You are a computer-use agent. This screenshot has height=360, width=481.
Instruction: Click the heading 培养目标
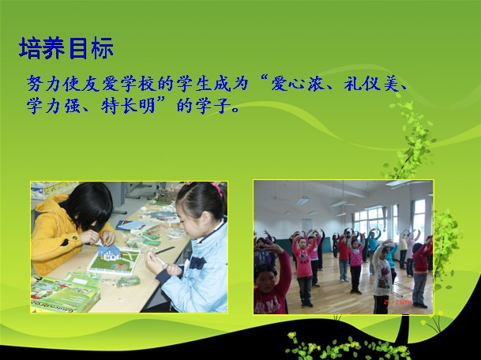pyautogui.click(x=66, y=48)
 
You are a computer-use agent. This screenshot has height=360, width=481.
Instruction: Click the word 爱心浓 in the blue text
pyautogui.click(x=297, y=83)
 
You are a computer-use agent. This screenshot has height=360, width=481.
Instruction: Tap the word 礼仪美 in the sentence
pyautogui.click(x=371, y=83)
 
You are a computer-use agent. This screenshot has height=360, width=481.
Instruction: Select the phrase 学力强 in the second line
pyautogui.click(x=54, y=106)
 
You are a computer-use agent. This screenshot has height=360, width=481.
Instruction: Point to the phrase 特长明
pyautogui.click(x=128, y=106)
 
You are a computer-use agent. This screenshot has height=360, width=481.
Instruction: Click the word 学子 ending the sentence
pyautogui.click(x=213, y=106)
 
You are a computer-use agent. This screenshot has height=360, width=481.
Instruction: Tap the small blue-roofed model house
pyautogui.click(x=109, y=253)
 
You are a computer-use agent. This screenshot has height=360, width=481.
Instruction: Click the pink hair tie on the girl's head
pyautogui.click(x=217, y=188)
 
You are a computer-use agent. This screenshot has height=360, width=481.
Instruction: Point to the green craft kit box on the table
pyautogui.click(x=65, y=294)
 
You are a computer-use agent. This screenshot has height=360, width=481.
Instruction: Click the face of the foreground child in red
pyautogui.click(x=265, y=281)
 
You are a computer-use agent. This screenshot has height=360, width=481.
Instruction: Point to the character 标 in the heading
pyautogui.click(x=102, y=48)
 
